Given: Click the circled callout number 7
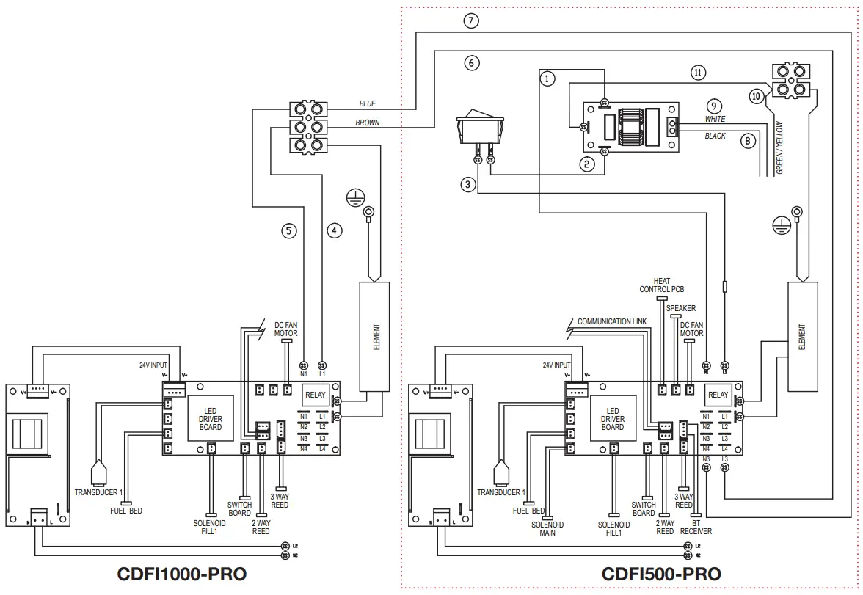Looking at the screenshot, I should pos(471,21).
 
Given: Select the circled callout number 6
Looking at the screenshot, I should pos(473,63).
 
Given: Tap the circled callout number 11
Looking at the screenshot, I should pos(698,72).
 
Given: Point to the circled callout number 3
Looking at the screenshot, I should pos(468,184).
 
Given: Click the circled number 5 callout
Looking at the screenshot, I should pos(289,230).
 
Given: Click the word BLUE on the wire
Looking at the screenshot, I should pos(367,104).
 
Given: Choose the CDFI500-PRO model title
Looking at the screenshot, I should pos(660,574).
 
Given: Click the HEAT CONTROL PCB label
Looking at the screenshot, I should pos(661,285).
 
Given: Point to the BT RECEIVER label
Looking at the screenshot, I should pos(695,527).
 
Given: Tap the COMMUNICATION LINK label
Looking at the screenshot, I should pos(612,321).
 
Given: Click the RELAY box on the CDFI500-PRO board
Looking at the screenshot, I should pos(718,395).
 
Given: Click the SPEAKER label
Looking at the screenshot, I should pos(681,308).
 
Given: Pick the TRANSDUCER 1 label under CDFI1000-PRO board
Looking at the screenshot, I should pos(99,492).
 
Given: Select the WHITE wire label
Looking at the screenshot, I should pos(715,118).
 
